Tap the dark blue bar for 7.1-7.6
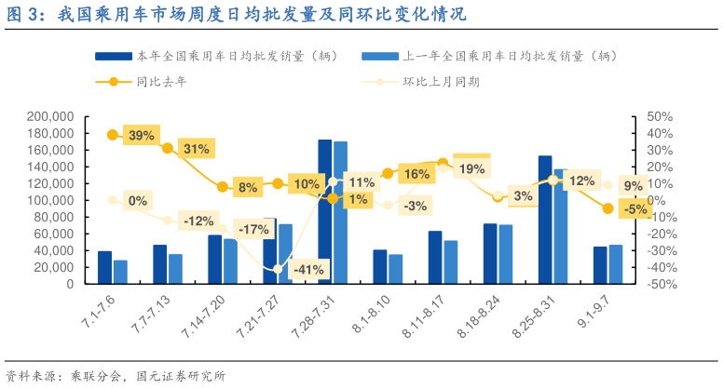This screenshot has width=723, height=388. coord(104,268)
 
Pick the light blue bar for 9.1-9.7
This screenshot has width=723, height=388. coord(616,265)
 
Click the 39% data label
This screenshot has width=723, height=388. coord(142,136)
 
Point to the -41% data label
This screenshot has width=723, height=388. coord(307,270)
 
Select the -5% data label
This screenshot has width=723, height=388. coord(636,210)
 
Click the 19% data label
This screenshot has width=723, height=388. coord(471,168)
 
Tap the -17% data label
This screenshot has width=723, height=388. coord(252,230)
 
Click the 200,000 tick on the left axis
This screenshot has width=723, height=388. coord(51,116)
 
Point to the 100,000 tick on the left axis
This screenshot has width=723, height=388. coord(51,200)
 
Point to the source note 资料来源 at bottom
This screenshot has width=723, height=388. coord(116,376)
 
